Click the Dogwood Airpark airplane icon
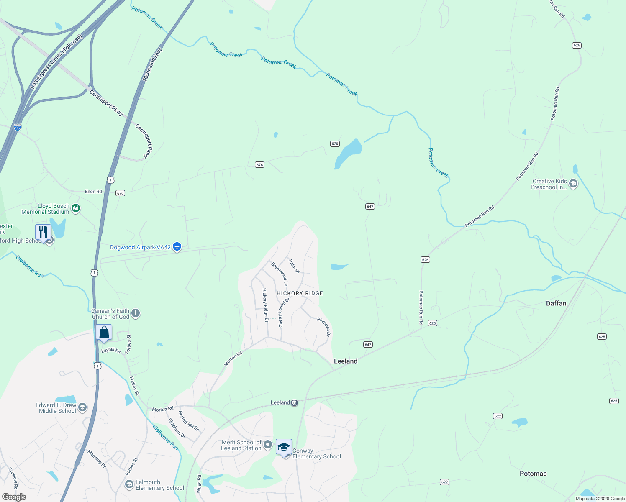177,247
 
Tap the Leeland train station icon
295,402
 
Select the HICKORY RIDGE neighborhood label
300,293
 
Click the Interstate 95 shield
17,127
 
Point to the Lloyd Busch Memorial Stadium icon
76,208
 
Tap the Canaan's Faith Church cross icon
135,313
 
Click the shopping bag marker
104,333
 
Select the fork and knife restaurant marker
43,232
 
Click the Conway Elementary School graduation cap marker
284,448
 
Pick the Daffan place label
556,303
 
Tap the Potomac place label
533,474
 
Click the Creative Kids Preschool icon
573,184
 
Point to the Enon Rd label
93,192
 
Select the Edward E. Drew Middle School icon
82,407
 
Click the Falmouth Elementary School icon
129,484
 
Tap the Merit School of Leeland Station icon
268,444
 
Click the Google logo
14,497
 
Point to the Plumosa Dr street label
324,326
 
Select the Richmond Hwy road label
152,64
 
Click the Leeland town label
345,361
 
